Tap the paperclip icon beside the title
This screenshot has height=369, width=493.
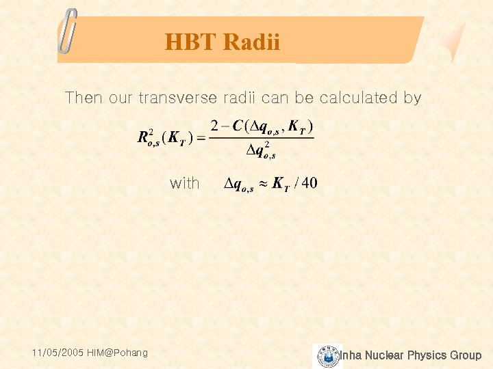point(68,31)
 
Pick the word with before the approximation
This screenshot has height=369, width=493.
point(184,183)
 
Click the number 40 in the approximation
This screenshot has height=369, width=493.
point(309,183)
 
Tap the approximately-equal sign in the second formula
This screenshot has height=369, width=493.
point(263,184)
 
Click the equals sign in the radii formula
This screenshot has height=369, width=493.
point(201,139)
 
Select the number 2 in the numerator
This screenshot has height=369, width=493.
point(214,126)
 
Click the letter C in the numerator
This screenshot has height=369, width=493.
point(238,126)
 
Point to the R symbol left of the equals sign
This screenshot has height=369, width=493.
point(144,138)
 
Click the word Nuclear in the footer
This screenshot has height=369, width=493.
point(385,355)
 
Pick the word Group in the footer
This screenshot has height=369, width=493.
point(465,355)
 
